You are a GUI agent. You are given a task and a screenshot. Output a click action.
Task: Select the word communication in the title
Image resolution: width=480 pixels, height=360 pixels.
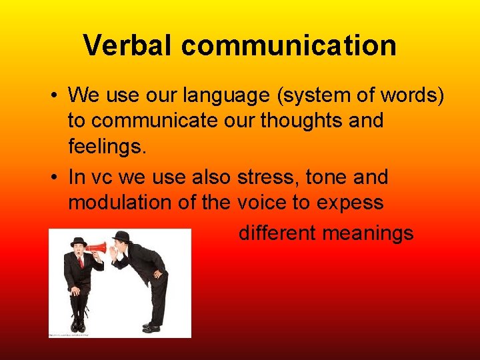pyautogui.click(x=288, y=45)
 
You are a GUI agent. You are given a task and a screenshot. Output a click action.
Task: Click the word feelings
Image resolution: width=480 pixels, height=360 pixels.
pyautogui.click(x=106, y=146)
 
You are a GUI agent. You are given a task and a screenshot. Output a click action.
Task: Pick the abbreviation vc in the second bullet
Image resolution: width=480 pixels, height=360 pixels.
pyautogui.click(x=99, y=178)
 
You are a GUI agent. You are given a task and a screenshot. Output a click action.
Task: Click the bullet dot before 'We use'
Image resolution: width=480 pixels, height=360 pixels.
pyautogui.click(x=54, y=96)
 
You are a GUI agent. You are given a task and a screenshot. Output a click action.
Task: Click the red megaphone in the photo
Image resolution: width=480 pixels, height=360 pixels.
pyautogui.click(x=97, y=249)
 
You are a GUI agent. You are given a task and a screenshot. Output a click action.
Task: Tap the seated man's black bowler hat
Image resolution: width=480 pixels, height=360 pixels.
pyautogui.click(x=79, y=241)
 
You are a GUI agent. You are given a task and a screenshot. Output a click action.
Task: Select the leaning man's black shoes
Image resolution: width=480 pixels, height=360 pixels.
pyautogui.click(x=151, y=327)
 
